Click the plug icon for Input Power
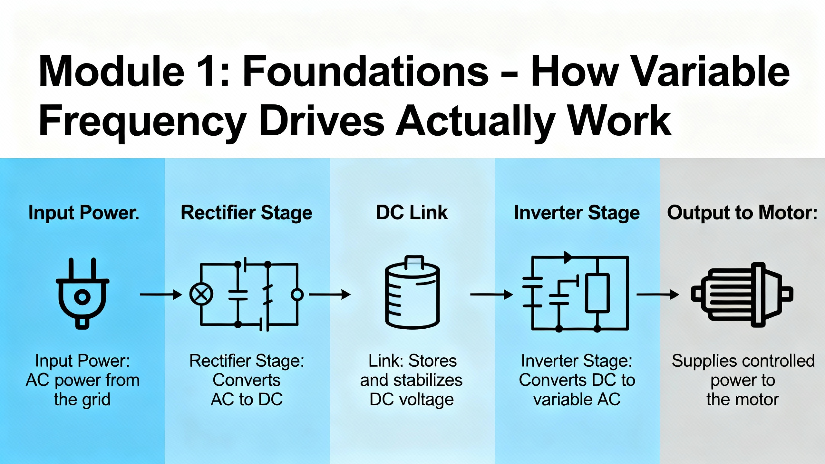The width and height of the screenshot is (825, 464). pyautogui.click(x=82, y=293)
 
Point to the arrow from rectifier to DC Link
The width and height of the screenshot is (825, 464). pyautogui.click(x=329, y=295)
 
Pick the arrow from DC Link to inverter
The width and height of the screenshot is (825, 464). pyautogui.click(x=491, y=295)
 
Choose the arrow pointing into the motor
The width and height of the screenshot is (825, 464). pyautogui.click(x=657, y=295)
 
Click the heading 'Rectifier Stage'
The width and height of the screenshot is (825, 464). pyautogui.click(x=247, y=213)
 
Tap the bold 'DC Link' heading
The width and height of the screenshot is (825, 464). pyautogui.click(x=412, y=213)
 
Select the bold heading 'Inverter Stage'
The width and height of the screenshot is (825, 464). pyautogui.click(x=577, y=213)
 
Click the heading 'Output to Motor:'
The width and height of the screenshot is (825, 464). pyautogui.click(x=742, y=213)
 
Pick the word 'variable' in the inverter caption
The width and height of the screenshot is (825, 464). pyautogui.click(x=563, y=400)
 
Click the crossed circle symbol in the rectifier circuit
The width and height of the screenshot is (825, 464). pyautogui.click(x=201, y=294)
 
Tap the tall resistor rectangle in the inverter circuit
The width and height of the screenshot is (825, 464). pyautogui.click(x=597, y=293)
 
